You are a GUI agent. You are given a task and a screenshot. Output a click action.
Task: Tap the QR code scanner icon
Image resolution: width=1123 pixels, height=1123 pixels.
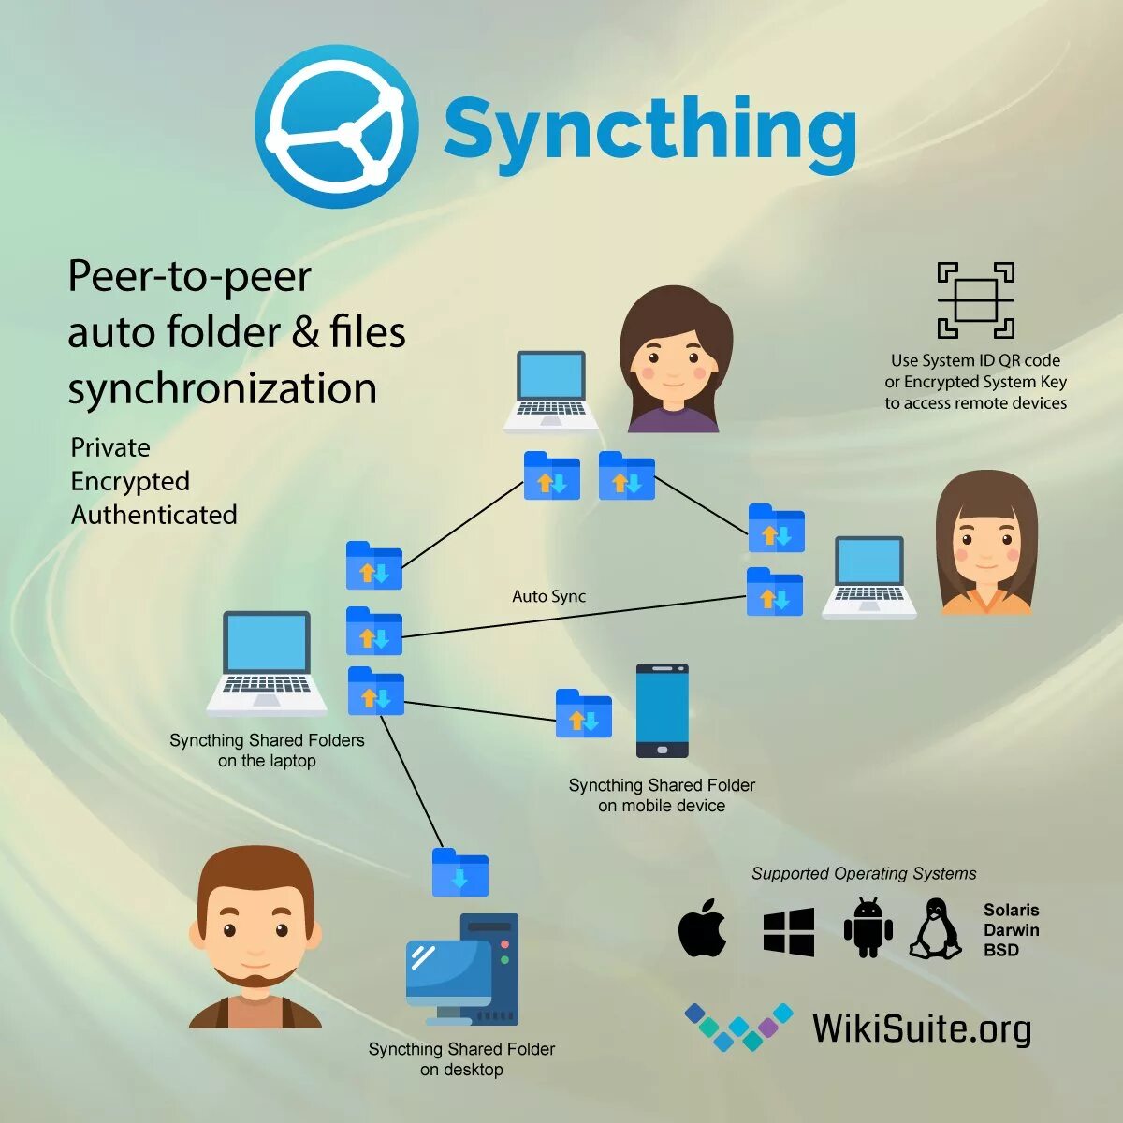tap(975, 300)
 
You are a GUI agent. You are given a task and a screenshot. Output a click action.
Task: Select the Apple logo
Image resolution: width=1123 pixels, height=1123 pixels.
tap(703, 928)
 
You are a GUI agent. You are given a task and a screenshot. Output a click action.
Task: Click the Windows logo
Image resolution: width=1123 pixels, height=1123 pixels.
tap(788, 931)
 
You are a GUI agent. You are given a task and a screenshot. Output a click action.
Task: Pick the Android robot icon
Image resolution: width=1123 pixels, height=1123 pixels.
tap(868, 927)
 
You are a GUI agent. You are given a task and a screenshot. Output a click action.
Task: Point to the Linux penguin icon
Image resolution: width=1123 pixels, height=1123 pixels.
tap(935, 929)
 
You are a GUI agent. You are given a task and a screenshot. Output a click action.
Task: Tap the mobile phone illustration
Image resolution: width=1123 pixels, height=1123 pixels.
tap(662, 710)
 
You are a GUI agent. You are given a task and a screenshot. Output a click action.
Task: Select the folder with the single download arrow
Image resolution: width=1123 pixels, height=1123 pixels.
tap(459, 872)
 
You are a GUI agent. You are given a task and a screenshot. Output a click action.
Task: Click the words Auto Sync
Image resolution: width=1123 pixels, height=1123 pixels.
tap(548, 596)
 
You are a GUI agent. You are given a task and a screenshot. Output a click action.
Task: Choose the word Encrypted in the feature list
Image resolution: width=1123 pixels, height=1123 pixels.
tap(130, 481)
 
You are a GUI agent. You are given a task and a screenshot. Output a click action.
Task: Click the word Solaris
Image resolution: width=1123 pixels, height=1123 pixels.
tap(1011, 910)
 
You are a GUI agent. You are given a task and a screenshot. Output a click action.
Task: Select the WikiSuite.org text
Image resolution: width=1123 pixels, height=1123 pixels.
tap(921, 1028)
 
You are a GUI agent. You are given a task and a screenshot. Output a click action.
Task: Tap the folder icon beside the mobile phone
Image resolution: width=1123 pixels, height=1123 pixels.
tap(583, 713)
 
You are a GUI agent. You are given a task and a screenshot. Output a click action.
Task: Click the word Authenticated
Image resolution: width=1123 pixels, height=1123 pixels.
tap(154, 515)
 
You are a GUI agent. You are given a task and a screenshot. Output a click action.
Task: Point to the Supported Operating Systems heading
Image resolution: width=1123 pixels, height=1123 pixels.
tap(863, 873)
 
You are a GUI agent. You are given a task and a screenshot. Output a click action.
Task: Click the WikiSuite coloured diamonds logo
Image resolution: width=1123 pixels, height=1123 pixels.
tap(738, 1026)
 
